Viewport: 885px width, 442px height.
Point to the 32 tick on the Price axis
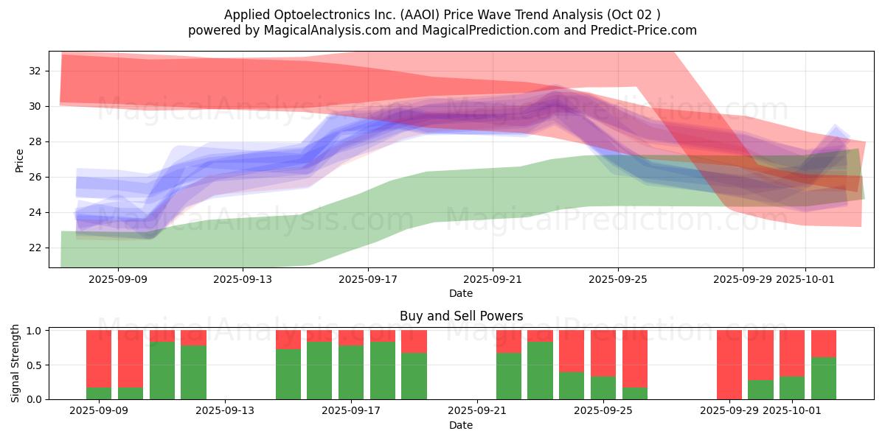[x=35, y=71]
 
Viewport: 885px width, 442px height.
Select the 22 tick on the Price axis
[x=35, y=248]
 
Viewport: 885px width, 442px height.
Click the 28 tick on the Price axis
[x=35, y=141]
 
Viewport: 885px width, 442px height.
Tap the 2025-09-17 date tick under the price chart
[x=368, y=279]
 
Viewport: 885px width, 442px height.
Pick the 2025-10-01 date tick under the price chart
[x=805, y=279]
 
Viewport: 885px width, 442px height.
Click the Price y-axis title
[x=19, y=161]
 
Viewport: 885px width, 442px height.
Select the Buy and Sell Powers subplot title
[x=461, y=316]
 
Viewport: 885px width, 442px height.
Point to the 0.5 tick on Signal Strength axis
[x=33, y=365]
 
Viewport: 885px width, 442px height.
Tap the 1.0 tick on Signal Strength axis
[x=33, y=331]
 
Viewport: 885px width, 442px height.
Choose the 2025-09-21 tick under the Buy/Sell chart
[x=478, y=411]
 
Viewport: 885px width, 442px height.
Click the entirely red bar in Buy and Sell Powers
[x=729, y=365]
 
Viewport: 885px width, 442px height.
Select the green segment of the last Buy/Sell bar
[x=824, y=379]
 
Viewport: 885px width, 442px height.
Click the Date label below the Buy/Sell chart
[x=461, y=425]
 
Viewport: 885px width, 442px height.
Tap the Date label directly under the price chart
[x=461, y=293]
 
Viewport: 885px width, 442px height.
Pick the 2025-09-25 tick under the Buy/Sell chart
[x=603, y=411]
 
